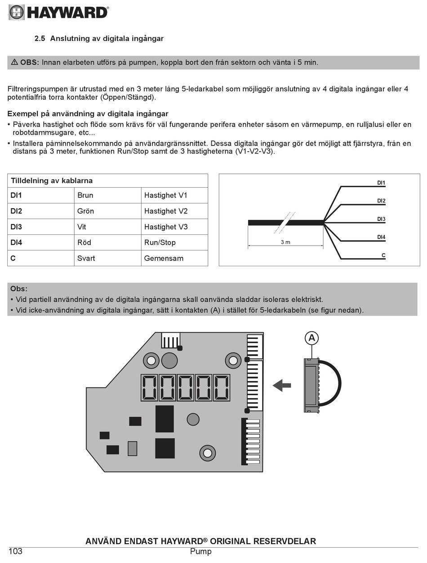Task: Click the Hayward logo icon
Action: (17, 12)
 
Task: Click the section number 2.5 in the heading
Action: (40, 39)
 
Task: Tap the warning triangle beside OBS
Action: (14, 62)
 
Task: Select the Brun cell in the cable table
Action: (85, 195)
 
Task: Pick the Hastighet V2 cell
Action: (166, 211)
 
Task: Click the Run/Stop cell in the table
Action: (160, 242)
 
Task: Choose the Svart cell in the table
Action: (86, 258)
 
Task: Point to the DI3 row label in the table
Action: (16, 227)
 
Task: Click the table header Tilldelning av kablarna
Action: (52, 181)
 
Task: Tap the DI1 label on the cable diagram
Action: (381, 183)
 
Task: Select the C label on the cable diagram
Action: (383, 255)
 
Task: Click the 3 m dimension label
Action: (285, 242)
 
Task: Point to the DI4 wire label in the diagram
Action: (381, 237)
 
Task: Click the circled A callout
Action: (311, 338)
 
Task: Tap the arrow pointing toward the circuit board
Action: (282, 385)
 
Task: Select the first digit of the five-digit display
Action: (149, 387)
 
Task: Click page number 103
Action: (15, 551)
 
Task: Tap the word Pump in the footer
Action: (200, 551)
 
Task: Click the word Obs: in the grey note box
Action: (19, 289)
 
